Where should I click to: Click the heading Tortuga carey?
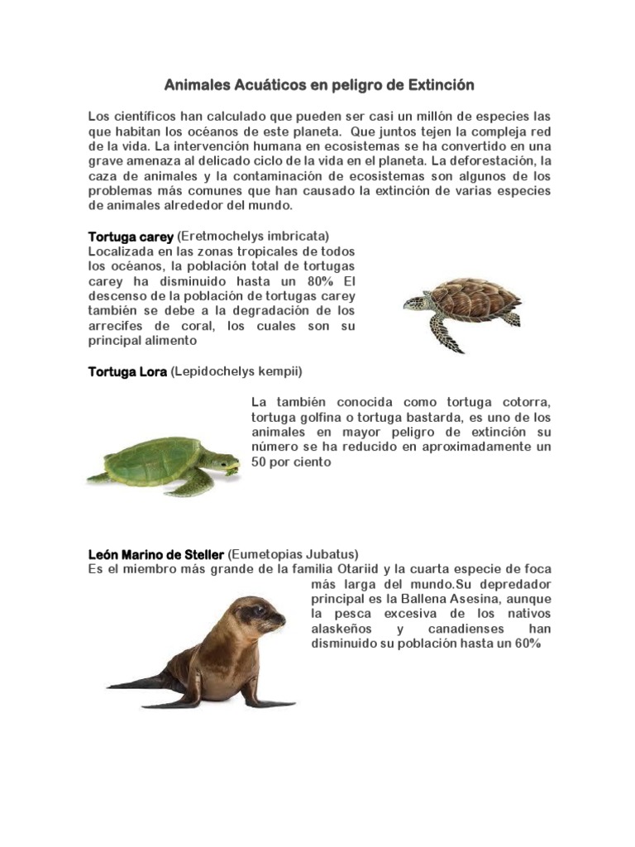coord(131,237)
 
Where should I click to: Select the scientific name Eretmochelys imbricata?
coord(253,237)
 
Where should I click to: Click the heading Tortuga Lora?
coord(127,371)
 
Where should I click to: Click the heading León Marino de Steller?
coord(155,553)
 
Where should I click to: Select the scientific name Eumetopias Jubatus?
coord(293,553)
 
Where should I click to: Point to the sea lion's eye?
coord(259,612)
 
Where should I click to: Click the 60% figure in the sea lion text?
coord(524,644)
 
